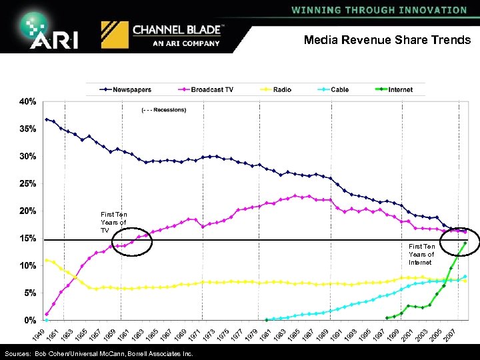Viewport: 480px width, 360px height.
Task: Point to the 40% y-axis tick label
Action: tap(27, 102)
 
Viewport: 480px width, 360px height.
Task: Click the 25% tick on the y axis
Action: tap(27, 183)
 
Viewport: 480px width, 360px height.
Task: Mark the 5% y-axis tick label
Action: tap(29, 293)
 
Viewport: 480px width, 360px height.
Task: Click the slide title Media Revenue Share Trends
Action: tap(387, 40)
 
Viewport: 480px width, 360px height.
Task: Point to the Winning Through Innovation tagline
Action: tap(379, 10)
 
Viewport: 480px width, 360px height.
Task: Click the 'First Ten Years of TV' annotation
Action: tap(113, 222)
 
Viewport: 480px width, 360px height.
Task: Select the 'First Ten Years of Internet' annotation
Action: tap(421, 254)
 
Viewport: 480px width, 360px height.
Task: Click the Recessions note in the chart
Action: tap(163, 109)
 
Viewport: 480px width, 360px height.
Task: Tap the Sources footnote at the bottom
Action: tap(98, 353)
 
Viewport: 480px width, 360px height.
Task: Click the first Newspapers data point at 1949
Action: tap(47, 119)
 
